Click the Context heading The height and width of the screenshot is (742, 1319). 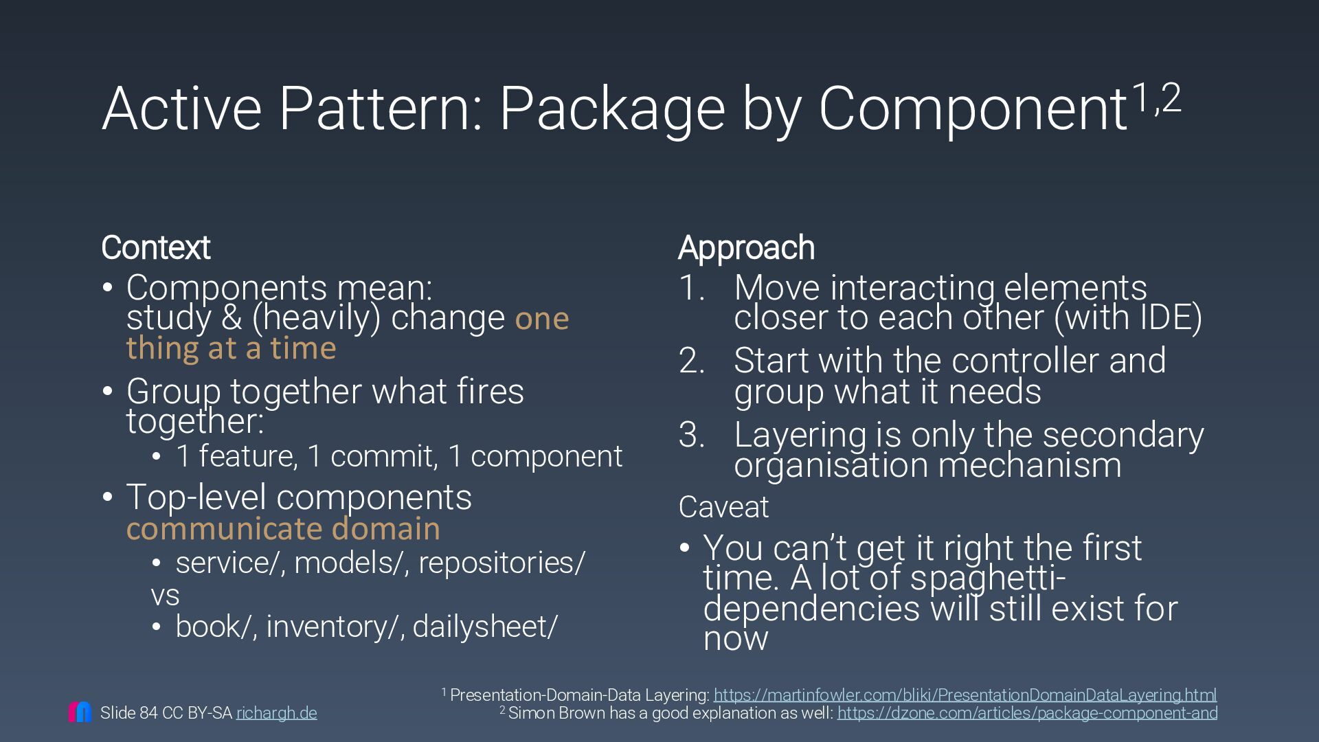pyautogui.click(x=155, y=248)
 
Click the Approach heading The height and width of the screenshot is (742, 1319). pyautogui.click(x=746, y=248)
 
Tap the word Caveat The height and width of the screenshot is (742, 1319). pyautogui.click(x=723, y=507)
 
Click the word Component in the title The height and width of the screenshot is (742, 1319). pyautogui.click(x=972, y=109)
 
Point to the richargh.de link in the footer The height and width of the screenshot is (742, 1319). pyautogui.click(x=276, y=713)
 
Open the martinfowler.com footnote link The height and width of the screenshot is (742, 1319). pyautogui.click(x=965, y=695)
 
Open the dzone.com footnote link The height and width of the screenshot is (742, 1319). pyautogui.click(x=1027, y=713)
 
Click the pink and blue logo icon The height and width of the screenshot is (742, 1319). pyautogui.click(x=80, y=712)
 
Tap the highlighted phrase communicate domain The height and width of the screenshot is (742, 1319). pyautogui.click(x=283, y=529)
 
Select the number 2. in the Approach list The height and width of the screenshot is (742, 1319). pyautogui.click(x=692, y=361)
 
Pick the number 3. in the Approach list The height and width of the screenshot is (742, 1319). pyautogui.click(x=692, y=435)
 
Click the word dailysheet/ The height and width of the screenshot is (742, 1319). pyautogui.click(x=485, y=627)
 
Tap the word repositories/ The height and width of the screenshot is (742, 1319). pyautogui.click(x=501, y=563)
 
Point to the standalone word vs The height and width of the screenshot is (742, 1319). pyautogui.click(x=165, y=595)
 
